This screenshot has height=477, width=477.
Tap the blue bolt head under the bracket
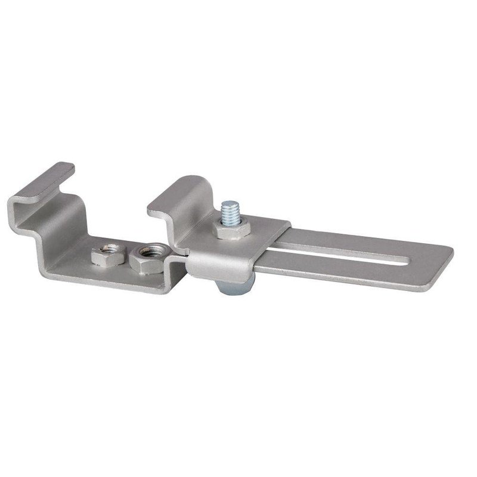[x=235, y=286]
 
